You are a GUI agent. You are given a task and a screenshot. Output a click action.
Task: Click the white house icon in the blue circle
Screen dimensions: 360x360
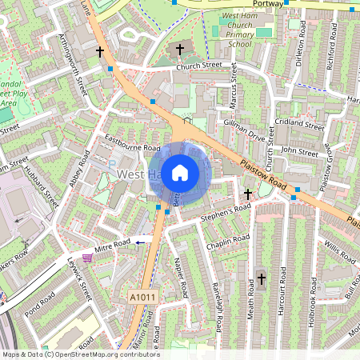click(180, 171)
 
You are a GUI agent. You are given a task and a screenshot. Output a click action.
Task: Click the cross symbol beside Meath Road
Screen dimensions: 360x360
click(261, 279)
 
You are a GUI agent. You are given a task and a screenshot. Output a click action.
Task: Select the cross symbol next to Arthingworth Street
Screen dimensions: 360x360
click(100, 51)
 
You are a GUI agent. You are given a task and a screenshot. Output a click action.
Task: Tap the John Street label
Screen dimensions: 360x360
click(299, 150)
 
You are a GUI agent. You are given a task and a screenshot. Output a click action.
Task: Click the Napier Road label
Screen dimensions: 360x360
click(181, 277)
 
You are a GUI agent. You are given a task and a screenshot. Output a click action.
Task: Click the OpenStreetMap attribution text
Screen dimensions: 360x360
click(80, 354)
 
